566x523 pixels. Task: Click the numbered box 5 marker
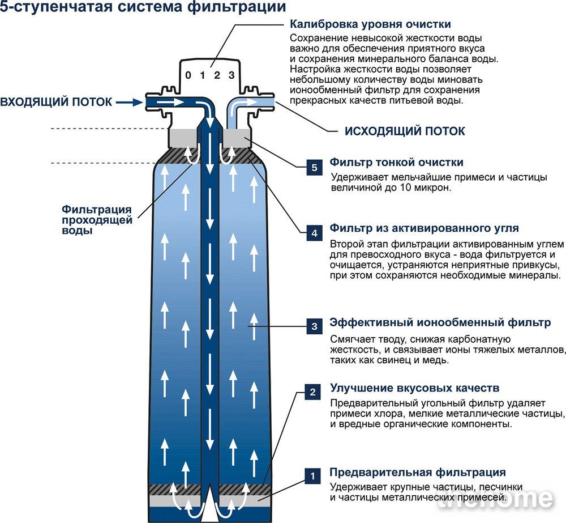(x=314, y=168)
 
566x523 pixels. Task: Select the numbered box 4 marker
(x=314, y=233)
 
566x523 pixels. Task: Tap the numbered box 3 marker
(x=314, y=326)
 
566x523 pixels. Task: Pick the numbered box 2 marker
(x=312, y=392)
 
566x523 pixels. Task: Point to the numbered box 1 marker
(x=312, y=477)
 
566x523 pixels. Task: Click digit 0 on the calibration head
(x=188, y=75)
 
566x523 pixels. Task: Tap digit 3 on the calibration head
(x=231, y=75)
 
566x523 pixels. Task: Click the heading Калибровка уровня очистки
(x=370, y=24)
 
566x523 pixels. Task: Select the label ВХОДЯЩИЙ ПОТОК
(x=56, y=102)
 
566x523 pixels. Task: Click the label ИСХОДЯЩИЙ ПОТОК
(x=405, y=131)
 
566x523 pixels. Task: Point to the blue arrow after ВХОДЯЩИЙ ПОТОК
(x=130, y=103)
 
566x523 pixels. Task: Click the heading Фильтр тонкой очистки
(x=396, y=162)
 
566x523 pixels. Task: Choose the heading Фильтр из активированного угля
(x=424, y=228)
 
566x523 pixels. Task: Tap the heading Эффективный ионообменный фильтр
(x=440, y=322)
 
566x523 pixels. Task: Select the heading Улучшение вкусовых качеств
(x=415, y=388)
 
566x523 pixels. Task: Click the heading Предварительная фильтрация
(x=418, y=472)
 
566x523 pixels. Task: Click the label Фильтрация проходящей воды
(x=97, y=220)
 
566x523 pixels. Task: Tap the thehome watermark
(x=495, y=499)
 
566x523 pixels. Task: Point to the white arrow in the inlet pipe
(x=171, y=103)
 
